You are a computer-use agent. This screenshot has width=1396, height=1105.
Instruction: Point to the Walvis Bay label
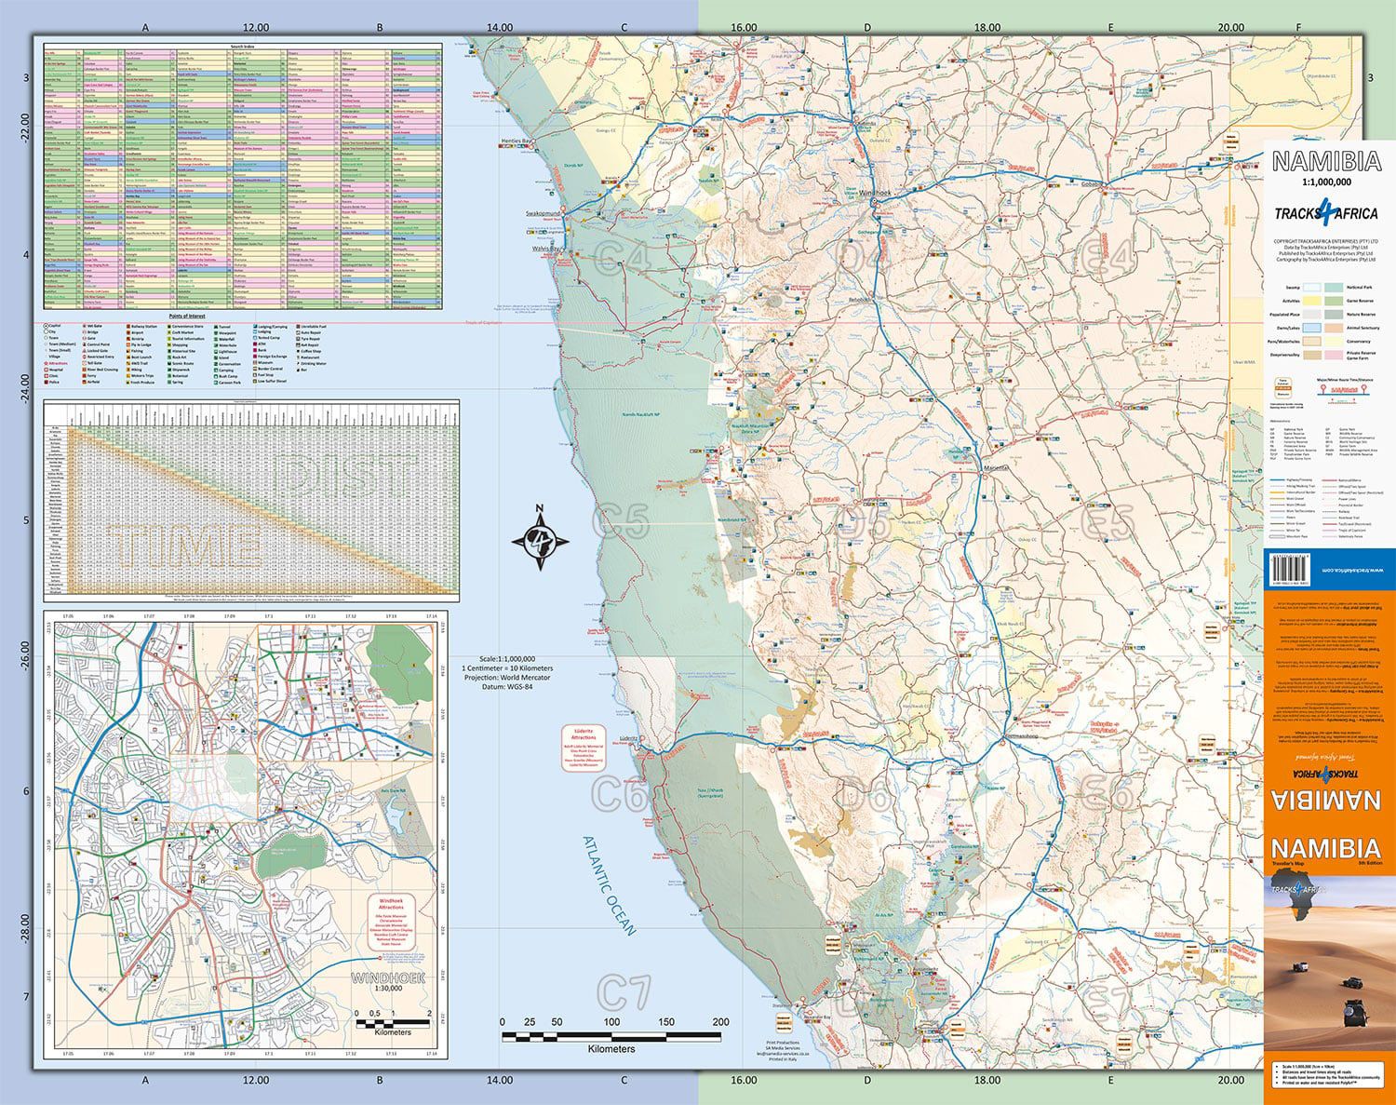click(x=545, y=249)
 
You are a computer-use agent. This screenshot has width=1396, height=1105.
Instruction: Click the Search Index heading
click(x=242, y=45)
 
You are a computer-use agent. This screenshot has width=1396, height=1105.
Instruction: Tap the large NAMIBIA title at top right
click(x=1325, y=161)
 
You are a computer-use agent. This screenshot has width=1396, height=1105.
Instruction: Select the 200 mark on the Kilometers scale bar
click(x=720, y=1021)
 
